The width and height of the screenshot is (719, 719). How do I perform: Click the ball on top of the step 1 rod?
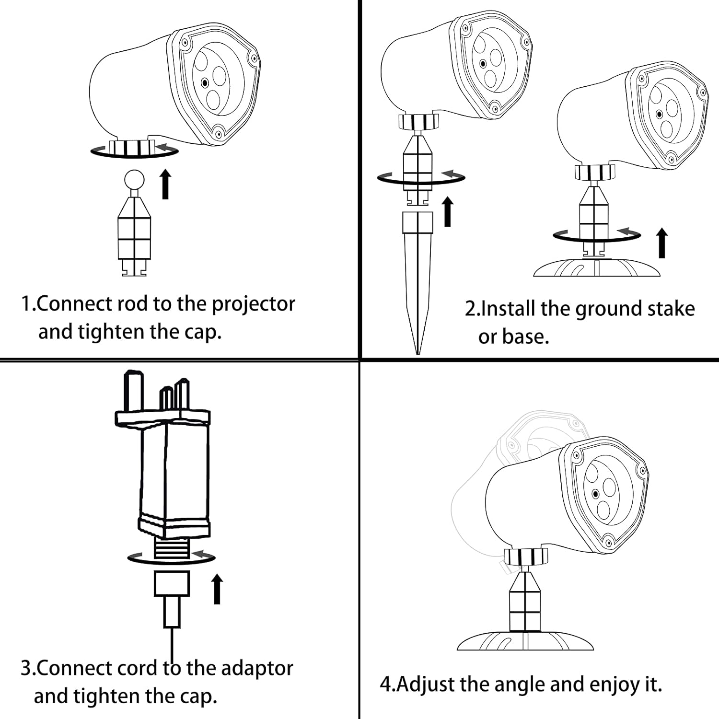coord(134,180)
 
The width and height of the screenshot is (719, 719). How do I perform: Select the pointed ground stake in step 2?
coord(417,283)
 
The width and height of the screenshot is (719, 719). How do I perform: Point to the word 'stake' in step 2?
coord(671,309)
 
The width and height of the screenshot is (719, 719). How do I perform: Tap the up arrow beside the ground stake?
coord(448,211)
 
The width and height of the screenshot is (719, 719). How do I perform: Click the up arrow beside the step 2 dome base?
coord(662,243)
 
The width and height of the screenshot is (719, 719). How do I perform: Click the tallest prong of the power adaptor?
coord(133,391)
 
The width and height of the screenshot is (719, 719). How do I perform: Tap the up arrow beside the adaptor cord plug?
coord(217,590)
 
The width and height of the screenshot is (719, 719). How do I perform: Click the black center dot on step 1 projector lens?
coord(205,82)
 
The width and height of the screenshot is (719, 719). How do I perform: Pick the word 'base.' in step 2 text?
coord(525,337)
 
